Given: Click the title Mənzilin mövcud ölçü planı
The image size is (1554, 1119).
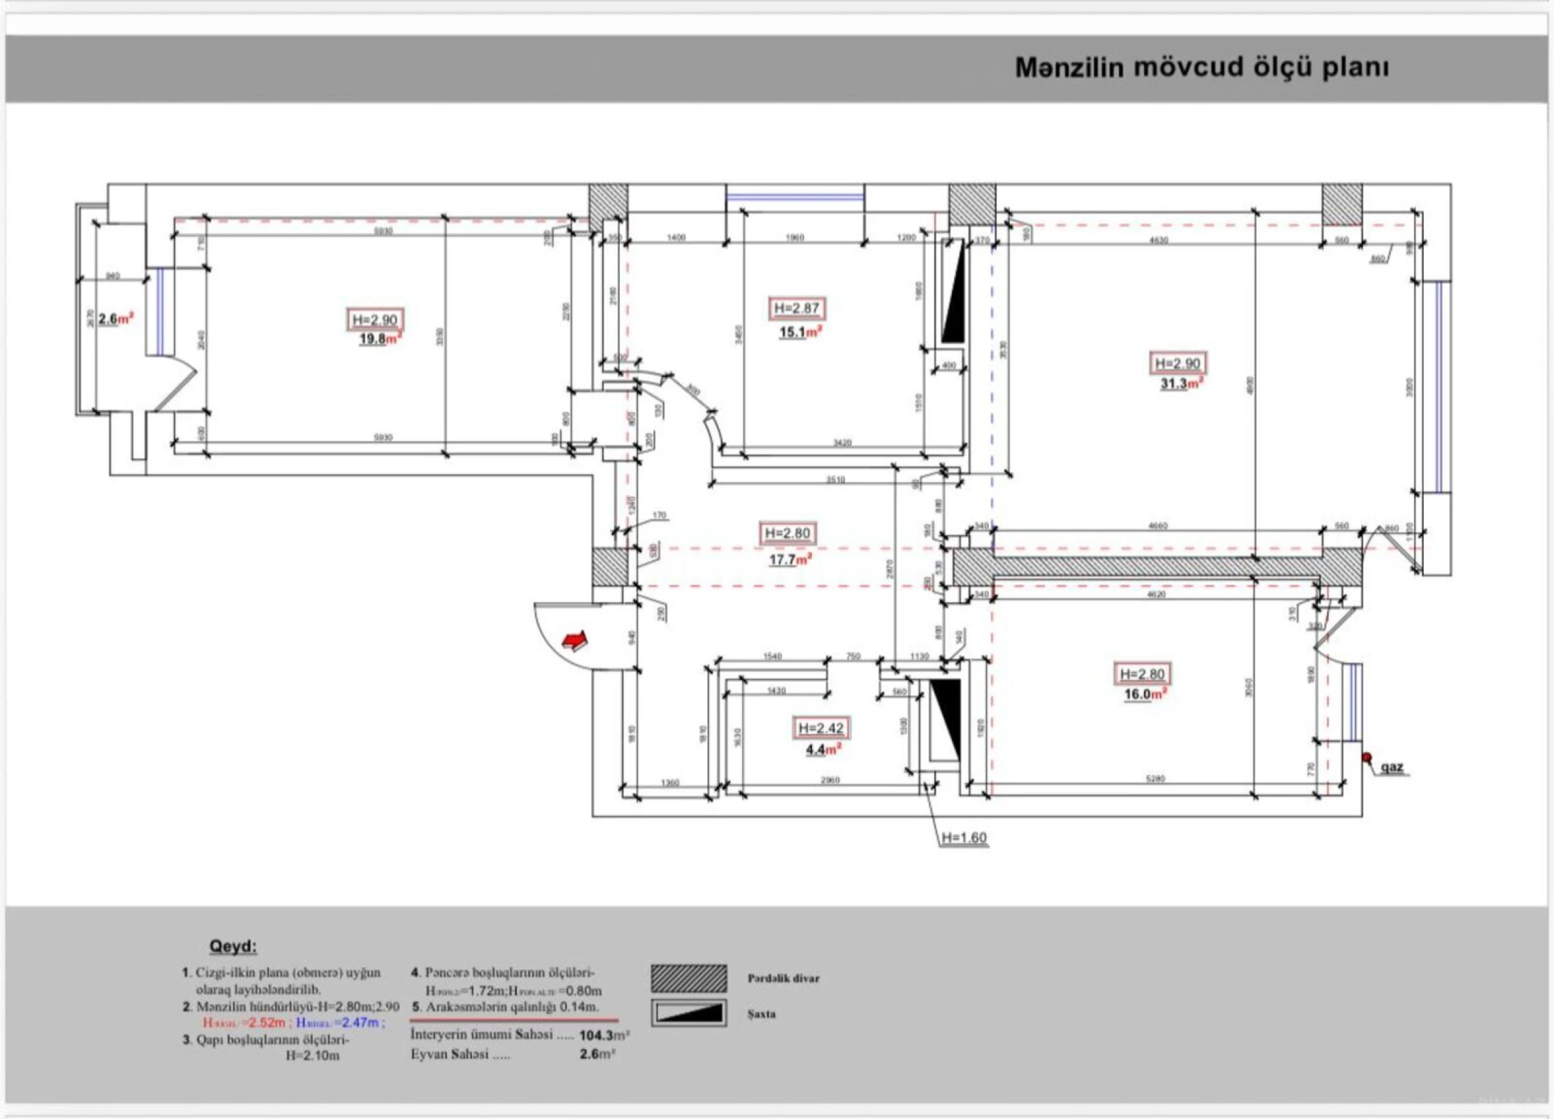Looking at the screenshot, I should click(1201, 68).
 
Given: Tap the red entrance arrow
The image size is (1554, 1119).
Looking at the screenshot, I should click(575, 640).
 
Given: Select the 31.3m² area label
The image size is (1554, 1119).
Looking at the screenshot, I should click(1181, 384).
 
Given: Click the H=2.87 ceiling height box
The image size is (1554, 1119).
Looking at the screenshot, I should click(796, 308).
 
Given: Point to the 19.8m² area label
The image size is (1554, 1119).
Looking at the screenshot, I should click(379, 339).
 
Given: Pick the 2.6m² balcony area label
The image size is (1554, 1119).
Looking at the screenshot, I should click(115, 319).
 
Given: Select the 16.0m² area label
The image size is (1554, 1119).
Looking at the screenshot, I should click(1144, 694).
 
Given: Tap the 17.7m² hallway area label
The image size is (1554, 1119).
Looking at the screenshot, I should click(790, 559).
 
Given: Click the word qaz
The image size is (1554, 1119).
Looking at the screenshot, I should click(1392, 767).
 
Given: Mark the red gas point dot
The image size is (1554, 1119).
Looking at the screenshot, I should click(1367, 757).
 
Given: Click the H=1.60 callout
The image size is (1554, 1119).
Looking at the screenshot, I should click(964, 838).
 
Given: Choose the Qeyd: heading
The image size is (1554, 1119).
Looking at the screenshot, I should click(233, 946).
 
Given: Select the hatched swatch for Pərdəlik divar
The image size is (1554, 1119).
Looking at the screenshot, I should click(688, 978).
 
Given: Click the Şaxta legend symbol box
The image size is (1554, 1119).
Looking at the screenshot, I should click(688, 1013).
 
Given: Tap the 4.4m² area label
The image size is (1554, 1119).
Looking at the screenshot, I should click(822, 750).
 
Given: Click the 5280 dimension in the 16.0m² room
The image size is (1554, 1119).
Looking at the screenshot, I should click(1155, 778).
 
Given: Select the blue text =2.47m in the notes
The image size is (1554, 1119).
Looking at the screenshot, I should click(359, 1022).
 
